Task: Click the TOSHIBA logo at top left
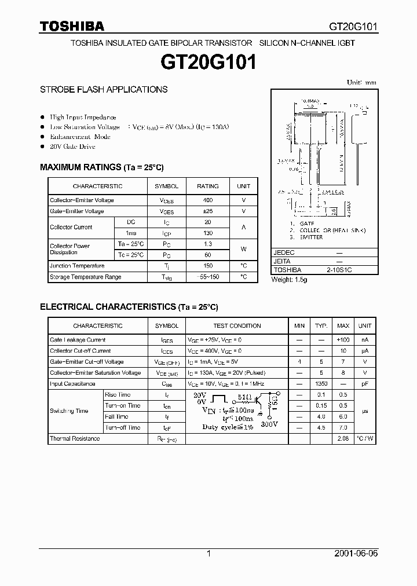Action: point(72,26)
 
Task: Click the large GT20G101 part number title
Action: point(209,62)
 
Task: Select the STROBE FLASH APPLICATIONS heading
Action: point(104,90)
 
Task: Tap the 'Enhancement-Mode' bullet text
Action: point(80,137)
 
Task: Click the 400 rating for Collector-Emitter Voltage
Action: point(207,200)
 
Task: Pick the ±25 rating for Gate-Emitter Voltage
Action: point(207,211)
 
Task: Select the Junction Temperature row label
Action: point(77,266)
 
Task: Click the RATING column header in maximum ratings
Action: point(207,186)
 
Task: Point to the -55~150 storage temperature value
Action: point(207,277)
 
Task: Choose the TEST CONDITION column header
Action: point(237,326)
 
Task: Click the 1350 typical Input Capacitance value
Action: point(321,384)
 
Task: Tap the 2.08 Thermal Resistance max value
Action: point(343,439)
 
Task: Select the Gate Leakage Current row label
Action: point(78,340)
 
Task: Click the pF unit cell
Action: point(364,384)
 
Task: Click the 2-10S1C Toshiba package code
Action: point(339,270)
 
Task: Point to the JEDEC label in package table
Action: point(284,253)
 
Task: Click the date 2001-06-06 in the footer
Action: point(356,554)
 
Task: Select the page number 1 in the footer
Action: point(209,554)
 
